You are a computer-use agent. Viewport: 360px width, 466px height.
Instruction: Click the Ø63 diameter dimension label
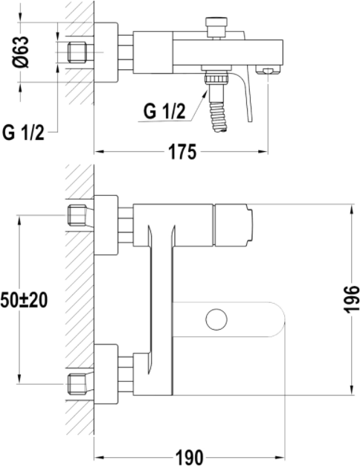coord(21,52)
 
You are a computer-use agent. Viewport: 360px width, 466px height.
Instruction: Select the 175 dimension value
coord(182,152)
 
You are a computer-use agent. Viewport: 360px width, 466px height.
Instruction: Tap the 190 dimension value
coord(189,458)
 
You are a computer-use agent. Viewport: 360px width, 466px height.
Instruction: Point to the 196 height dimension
coord(351,299)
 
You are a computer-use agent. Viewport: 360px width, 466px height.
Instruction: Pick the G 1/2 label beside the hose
coord(164,112)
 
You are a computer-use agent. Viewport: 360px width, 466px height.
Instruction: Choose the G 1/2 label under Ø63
coord(23,133)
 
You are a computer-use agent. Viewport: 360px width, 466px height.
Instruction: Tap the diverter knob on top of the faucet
coord(217,26)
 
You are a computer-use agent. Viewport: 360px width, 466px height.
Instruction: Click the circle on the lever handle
coord(216,319)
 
